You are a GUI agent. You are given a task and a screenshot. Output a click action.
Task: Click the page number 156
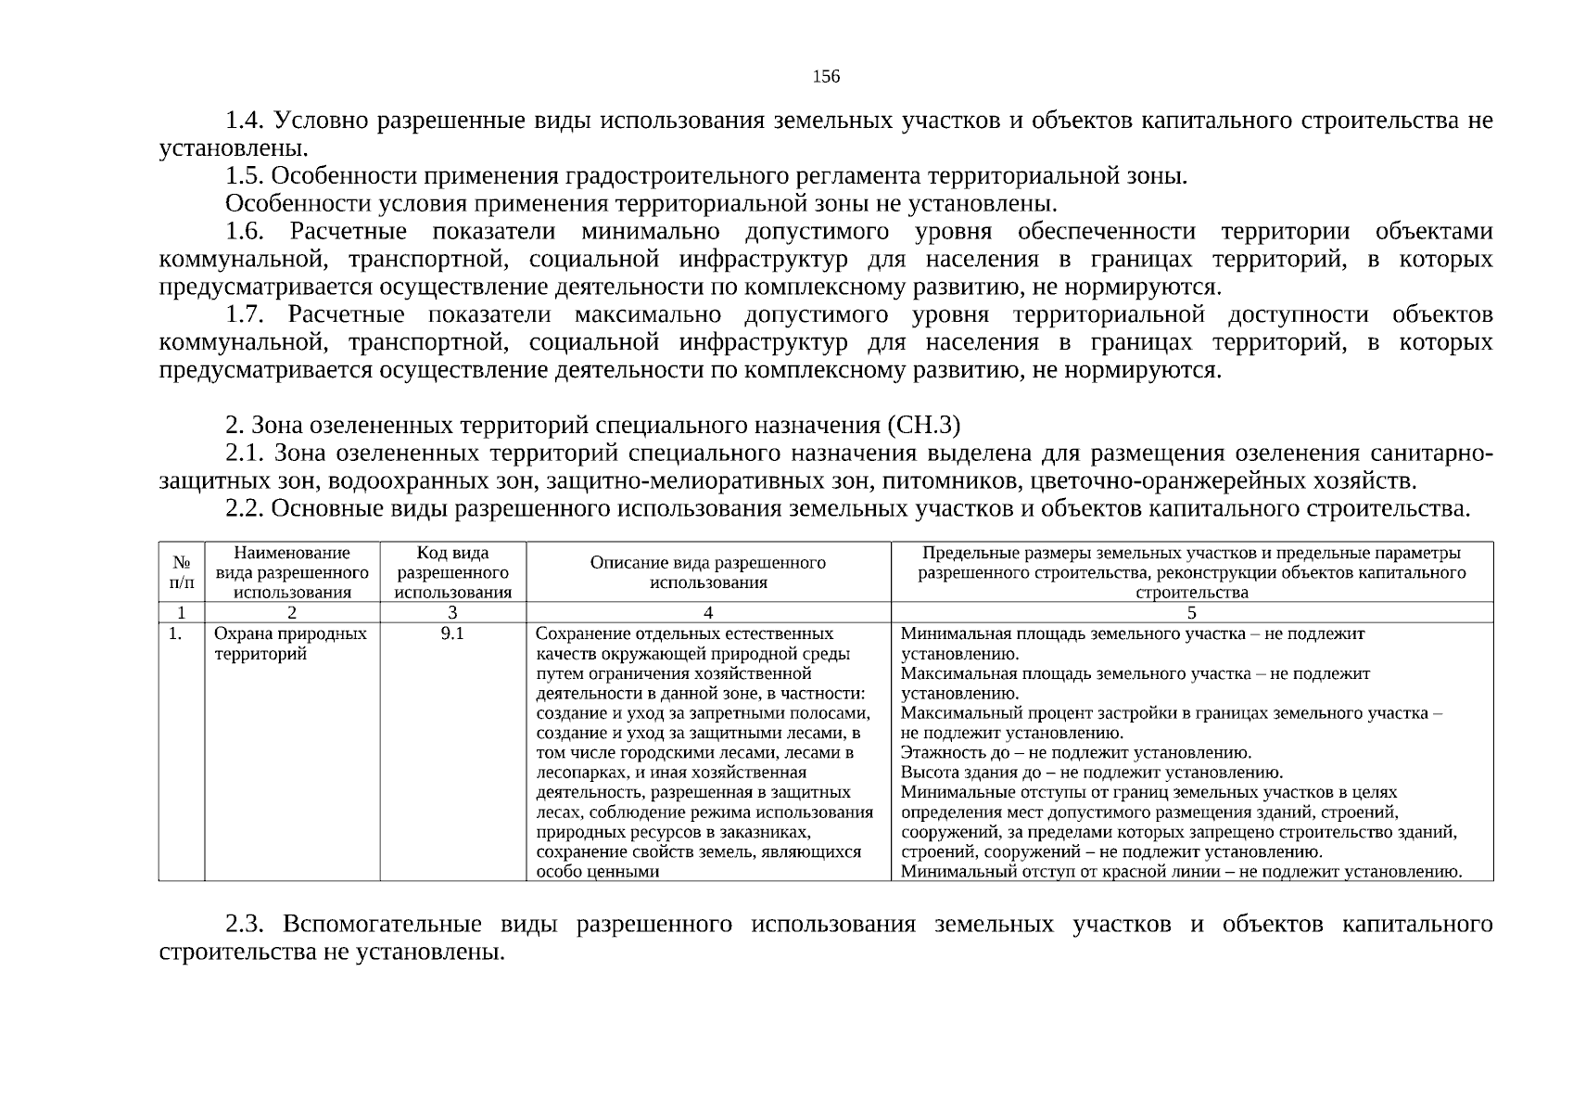(x=826, y=76)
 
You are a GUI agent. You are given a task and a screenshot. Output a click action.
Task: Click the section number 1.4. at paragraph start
(x=246, y=122)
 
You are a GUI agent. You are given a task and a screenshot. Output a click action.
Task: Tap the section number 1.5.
(x=246, y=176)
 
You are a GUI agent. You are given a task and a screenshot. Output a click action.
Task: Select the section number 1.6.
(x=246, y=232)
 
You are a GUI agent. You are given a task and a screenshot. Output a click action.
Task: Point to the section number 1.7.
(x=246, y=315)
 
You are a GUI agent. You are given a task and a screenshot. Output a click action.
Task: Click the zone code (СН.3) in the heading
(x=923, y=426)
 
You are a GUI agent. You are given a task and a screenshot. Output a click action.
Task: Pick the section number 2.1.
(x=246, y=454)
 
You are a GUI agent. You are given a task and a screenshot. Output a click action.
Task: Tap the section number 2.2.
(x=246, y=509)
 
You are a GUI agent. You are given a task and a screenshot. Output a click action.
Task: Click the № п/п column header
(x=182, y=572)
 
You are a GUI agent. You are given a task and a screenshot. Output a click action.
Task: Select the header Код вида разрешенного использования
(x=452, y=572)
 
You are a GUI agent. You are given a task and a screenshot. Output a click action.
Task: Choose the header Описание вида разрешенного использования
(x=708, y=572)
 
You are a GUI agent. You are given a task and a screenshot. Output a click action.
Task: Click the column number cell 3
(x=452, y=612)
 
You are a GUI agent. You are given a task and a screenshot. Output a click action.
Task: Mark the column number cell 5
(x=1192, y=612)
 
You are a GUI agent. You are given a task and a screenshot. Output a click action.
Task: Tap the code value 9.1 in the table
(x=452, y=634)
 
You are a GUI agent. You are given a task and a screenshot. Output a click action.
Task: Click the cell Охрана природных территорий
(x=290, y=644)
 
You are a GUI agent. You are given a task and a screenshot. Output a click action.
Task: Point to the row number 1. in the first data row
(x=175, y=634)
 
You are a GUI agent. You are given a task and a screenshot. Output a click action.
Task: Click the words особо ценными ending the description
(x=598, y=872)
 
